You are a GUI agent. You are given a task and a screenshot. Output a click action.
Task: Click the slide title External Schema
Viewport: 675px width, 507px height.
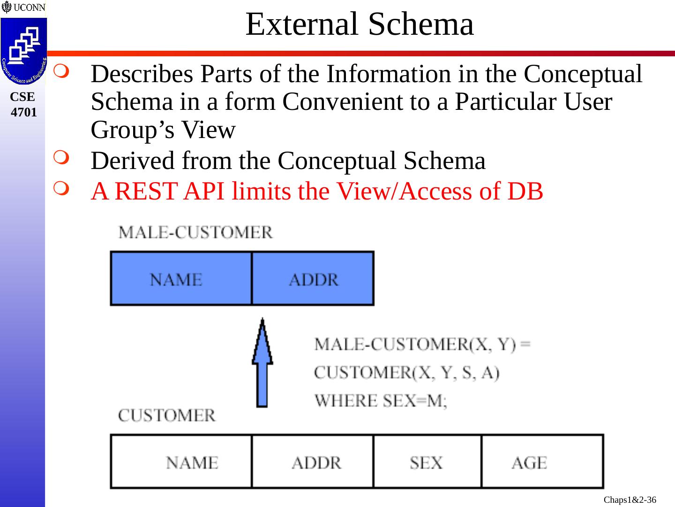click(x=360, y=24)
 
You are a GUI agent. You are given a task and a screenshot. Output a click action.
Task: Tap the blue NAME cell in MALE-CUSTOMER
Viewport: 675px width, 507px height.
click(x=181, y=279)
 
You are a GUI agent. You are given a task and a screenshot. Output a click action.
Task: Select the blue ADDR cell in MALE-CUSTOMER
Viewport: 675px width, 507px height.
click(x=313, y=279)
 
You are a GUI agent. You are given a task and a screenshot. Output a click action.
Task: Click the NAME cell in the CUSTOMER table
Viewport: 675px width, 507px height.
click(x=181, y=462)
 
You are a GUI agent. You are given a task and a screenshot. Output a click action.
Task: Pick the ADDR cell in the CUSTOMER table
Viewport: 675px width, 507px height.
click(x=313, y=462)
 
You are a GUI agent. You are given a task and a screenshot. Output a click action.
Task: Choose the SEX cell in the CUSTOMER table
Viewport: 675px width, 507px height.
click(x=427, y=462)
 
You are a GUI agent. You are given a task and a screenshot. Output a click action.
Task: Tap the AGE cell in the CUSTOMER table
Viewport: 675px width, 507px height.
click(x=542, y=462)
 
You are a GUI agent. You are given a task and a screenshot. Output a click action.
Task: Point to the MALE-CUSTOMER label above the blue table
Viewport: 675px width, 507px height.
click(x=195, y=232)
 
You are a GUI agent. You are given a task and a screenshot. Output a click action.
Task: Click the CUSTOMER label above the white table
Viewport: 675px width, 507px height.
click(x=167, y=415)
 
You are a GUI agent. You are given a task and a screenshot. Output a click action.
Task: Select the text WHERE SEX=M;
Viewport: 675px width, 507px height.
click(x=381, y=401)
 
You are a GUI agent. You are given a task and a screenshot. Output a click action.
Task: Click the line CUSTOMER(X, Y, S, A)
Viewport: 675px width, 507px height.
click(x=406, y=373)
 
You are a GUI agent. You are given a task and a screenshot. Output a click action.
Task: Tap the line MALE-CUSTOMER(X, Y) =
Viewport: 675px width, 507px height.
click(x=422, y=344)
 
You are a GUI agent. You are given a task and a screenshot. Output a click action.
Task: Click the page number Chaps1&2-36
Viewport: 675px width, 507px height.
click(x=630, y=500)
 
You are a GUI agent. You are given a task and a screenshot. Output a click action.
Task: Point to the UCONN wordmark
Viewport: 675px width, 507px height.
click(x=24, y=7)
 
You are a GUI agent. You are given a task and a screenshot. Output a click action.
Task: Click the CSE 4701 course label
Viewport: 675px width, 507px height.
click(x=23, y=104)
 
